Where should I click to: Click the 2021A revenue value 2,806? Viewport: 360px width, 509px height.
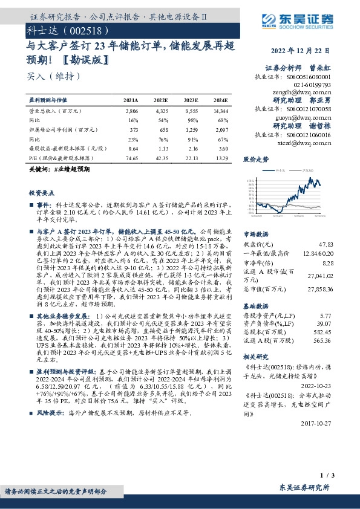tap(131, 112)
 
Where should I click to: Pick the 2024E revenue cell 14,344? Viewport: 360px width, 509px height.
tap(220, 112)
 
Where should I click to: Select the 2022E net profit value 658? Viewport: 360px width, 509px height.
tap(162, 130)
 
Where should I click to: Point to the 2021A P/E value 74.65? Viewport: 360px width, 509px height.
tap(131, 157)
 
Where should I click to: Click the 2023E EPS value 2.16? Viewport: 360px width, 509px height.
tap(191, 148)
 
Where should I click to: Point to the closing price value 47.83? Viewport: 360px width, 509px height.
tap(326, 244)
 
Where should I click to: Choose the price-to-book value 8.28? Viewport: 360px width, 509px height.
tap(328, 263)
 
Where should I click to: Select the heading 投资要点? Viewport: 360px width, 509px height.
tap(42, 192)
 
